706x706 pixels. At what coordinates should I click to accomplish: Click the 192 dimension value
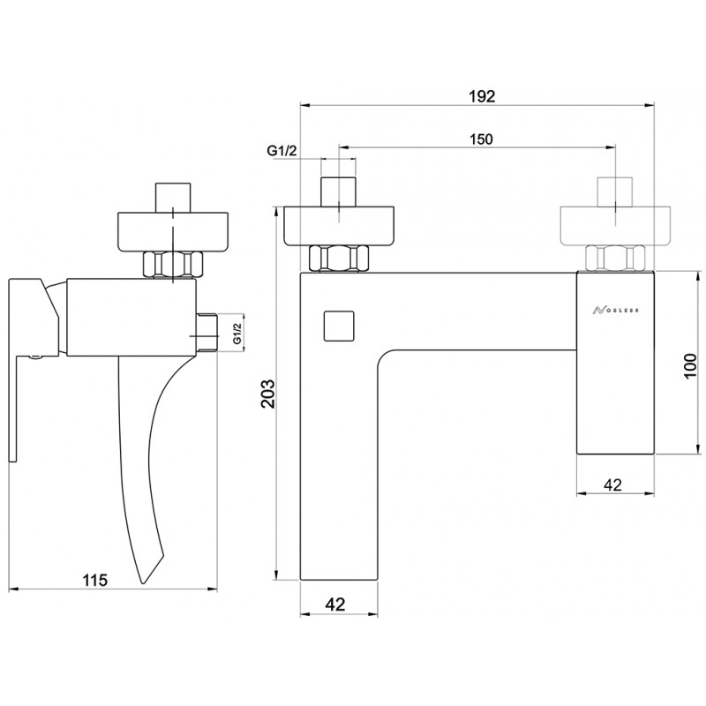482,96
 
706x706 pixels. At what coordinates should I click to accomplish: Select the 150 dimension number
481,139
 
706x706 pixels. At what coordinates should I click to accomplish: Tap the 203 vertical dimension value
268,394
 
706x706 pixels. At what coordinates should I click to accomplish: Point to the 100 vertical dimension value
690,366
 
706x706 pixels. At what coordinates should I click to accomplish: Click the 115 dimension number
95,580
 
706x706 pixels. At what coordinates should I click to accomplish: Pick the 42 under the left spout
335,605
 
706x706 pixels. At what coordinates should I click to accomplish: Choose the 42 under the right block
612,484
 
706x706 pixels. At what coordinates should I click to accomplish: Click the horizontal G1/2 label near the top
282,151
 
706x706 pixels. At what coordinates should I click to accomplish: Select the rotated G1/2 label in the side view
237,334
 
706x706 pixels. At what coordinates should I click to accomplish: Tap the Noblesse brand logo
615,311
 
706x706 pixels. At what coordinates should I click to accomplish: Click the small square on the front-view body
339,326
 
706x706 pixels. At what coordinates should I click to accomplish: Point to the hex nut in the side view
173,264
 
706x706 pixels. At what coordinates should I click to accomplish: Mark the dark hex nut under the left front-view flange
339,259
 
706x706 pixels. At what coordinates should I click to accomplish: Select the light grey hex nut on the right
615,259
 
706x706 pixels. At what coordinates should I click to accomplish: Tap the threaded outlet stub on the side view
207,333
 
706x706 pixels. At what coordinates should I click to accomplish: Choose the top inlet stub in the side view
172,197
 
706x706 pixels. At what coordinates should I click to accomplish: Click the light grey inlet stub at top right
615,192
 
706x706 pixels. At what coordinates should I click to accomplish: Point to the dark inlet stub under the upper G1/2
339,192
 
